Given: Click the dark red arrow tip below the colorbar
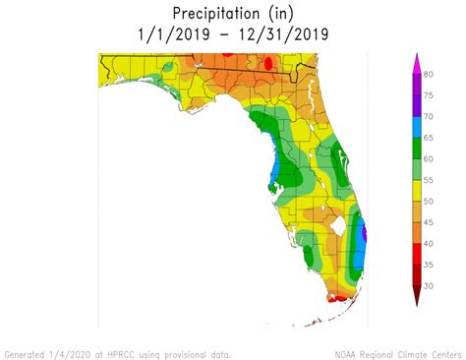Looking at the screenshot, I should point(416,298).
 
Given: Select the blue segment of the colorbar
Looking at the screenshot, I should point(416,126).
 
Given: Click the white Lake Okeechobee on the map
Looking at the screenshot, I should point(340,224).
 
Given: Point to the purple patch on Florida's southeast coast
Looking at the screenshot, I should point(365,234).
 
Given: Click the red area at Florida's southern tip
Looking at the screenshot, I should point(339,294).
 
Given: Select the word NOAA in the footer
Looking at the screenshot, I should point(347,353).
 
